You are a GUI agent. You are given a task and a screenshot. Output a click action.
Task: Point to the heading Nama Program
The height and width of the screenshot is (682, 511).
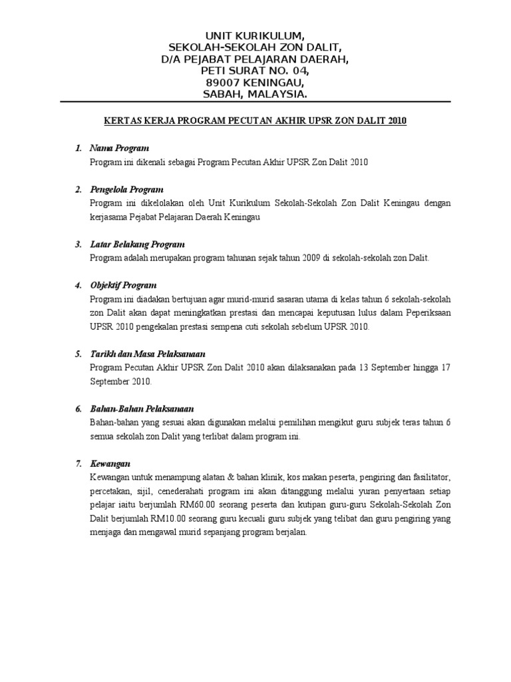(x=120, y=148)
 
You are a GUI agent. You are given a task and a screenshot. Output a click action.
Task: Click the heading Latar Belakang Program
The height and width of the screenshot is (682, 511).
(x=137, y=244)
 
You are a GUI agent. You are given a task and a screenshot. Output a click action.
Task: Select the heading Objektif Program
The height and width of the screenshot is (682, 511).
(x=123, y=285)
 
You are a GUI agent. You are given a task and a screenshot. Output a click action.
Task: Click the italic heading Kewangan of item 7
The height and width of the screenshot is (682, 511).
(x=110, y=463)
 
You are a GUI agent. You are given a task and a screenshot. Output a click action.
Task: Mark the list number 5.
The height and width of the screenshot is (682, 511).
(x=78, y=354)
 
